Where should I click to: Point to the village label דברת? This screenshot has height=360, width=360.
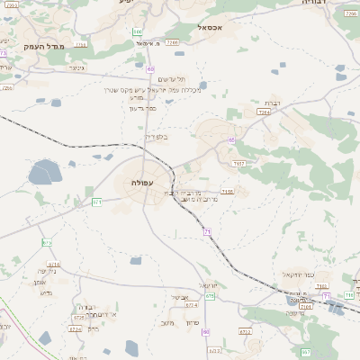[274, 103]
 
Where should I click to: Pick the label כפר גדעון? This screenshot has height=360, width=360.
[143, 108]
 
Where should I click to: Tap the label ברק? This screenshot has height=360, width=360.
[94, 328]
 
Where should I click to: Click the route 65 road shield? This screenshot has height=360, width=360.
[231, 140]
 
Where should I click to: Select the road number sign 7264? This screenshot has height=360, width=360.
[264, 112]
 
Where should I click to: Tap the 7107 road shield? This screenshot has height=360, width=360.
[238, 164]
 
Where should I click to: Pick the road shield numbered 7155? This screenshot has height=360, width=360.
[228, 192]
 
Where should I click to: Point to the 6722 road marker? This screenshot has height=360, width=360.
[245, 332]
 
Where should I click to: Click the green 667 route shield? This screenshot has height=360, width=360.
[306, 352]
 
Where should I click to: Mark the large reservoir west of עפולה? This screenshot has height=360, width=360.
[43, 172]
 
